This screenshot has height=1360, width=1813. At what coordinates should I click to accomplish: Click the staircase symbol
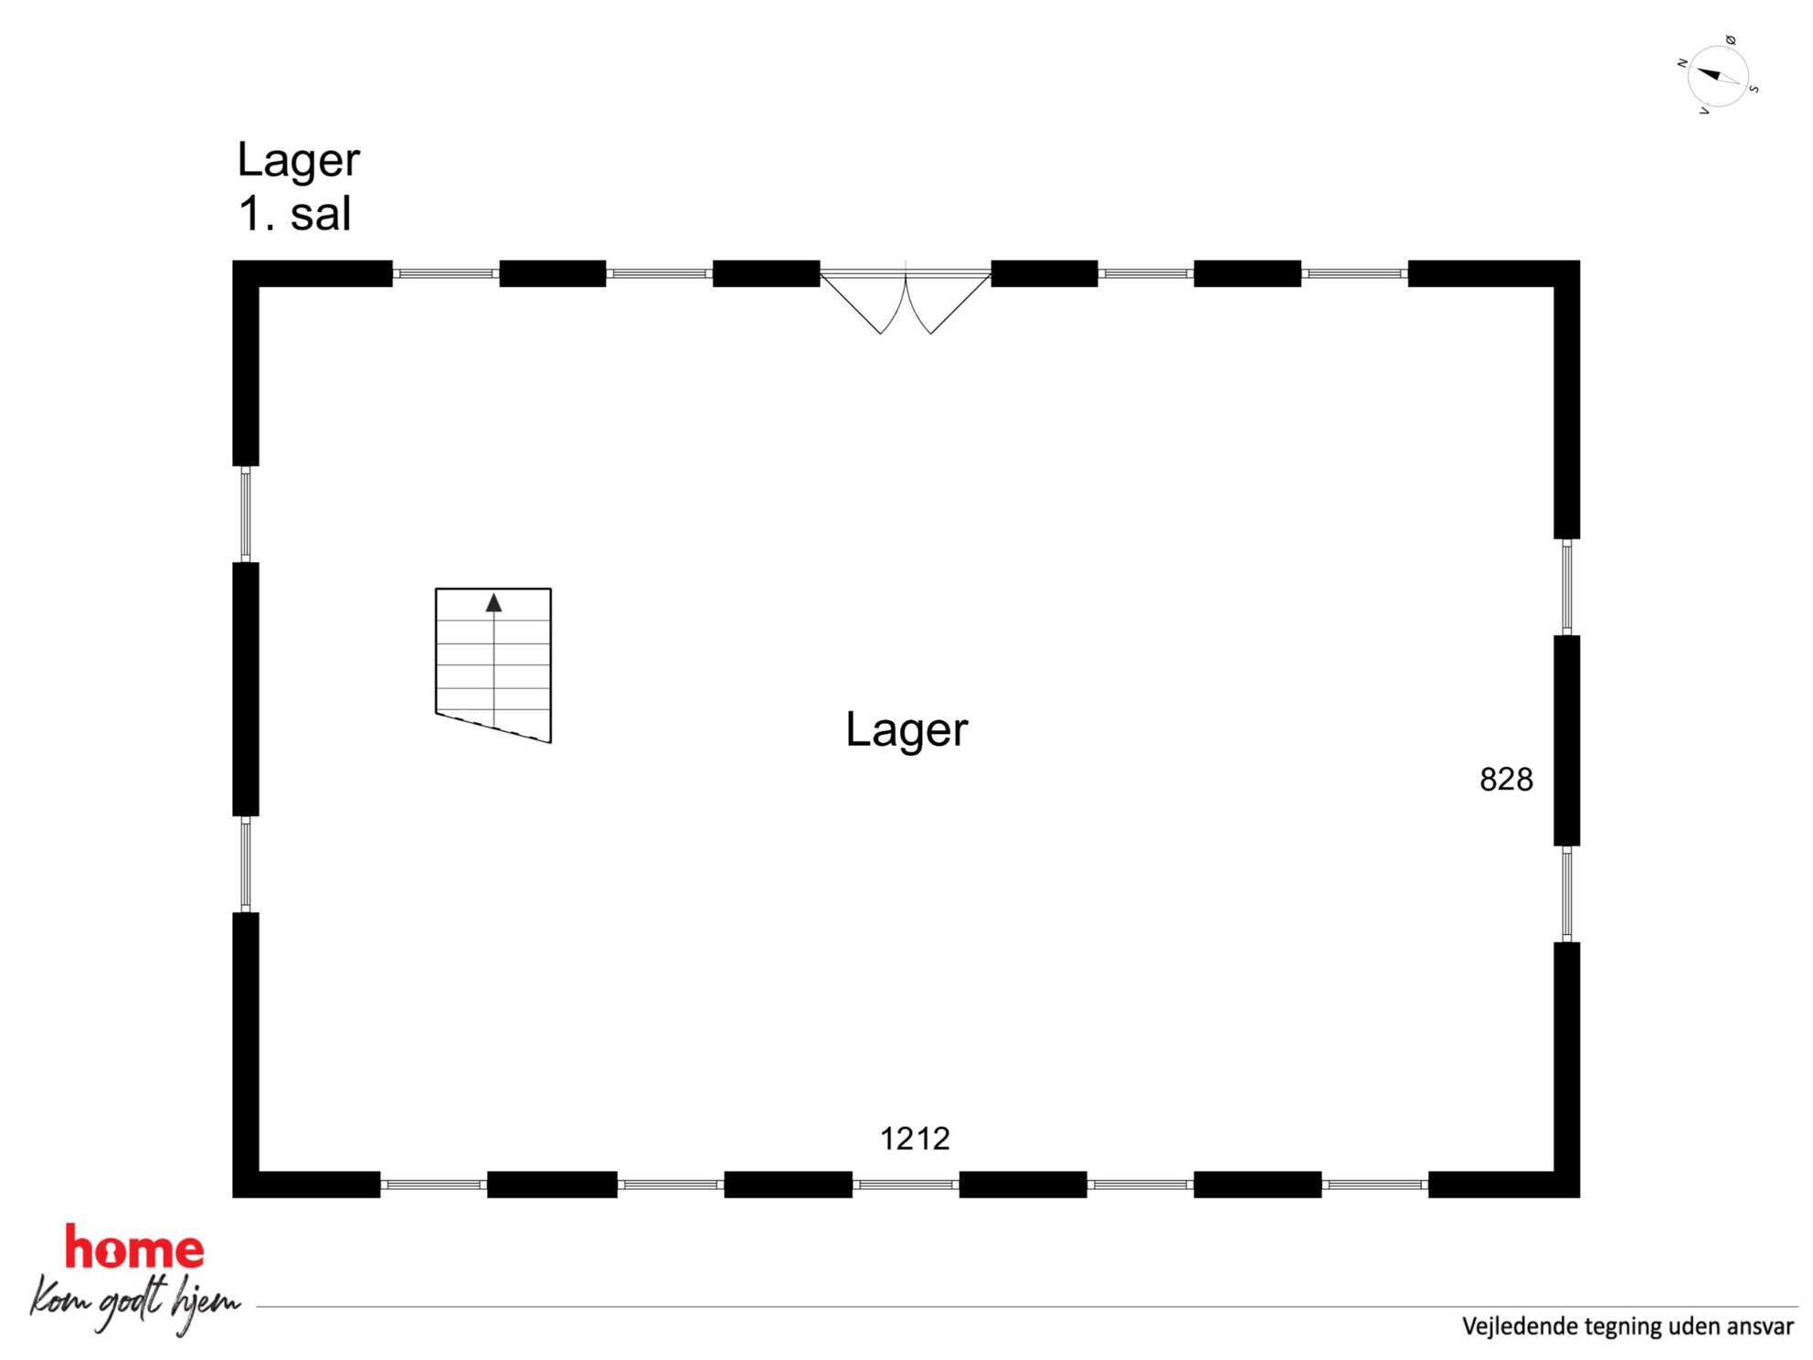click(x=493, y=664)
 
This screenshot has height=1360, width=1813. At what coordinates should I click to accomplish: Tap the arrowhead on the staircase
click(x=493, y=602)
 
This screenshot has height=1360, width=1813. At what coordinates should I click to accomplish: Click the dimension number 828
click(x=1506, y=779)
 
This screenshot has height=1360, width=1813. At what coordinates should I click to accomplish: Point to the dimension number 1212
click(x=915, y=1138)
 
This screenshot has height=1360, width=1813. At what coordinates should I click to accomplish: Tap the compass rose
click(x=1718, y=76)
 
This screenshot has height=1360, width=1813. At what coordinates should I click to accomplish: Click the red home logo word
click(x=134, y=1248)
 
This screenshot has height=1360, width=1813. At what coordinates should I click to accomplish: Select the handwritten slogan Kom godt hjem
click(x=135, y=1304)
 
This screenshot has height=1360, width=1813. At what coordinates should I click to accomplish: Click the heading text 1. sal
click(x=294, y=214)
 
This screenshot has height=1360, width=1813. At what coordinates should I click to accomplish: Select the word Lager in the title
click(x=298, y=161)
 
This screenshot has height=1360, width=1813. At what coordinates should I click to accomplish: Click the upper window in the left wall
click(x=246, y=514)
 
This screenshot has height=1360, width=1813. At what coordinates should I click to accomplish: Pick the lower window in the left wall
click(x=246, y=864)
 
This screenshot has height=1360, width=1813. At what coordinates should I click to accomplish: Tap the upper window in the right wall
click(x=1567, y=587)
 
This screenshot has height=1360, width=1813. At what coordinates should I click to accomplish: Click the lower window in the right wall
click(x=1567, y=894)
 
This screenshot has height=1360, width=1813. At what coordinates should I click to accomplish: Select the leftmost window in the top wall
click(x=446, y=273)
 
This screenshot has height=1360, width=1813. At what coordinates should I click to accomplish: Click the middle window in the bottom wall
click(x=906, y=1185)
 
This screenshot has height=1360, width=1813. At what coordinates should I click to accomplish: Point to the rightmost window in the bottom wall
click(x=1375, y=1185)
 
